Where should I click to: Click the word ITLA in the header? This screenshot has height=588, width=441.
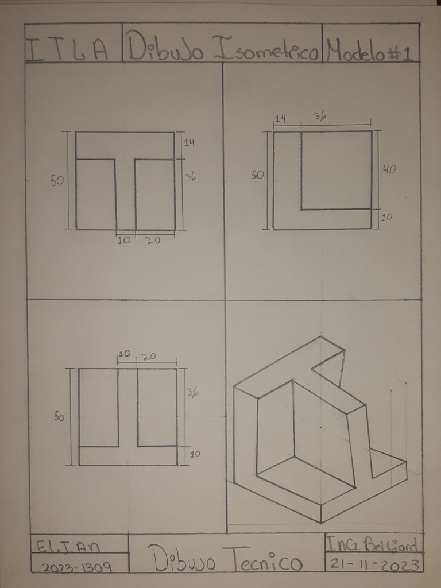tap(68, 51)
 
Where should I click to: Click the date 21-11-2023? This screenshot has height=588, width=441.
tap(373, 564)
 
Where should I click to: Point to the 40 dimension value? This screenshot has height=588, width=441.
tap(389, 169)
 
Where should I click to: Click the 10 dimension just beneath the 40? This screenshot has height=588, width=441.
tap(387, 217)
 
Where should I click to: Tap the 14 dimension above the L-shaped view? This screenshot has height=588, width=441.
tap(281, 119)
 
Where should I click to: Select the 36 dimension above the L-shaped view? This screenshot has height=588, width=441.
tap(320, 116)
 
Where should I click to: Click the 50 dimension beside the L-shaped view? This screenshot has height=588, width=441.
tap(257, 175)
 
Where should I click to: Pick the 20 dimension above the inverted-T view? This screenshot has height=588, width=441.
tap(149, 357)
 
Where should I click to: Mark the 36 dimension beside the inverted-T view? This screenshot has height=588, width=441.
tap(192, 393)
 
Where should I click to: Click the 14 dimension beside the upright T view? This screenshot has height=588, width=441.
tap(189, 143)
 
